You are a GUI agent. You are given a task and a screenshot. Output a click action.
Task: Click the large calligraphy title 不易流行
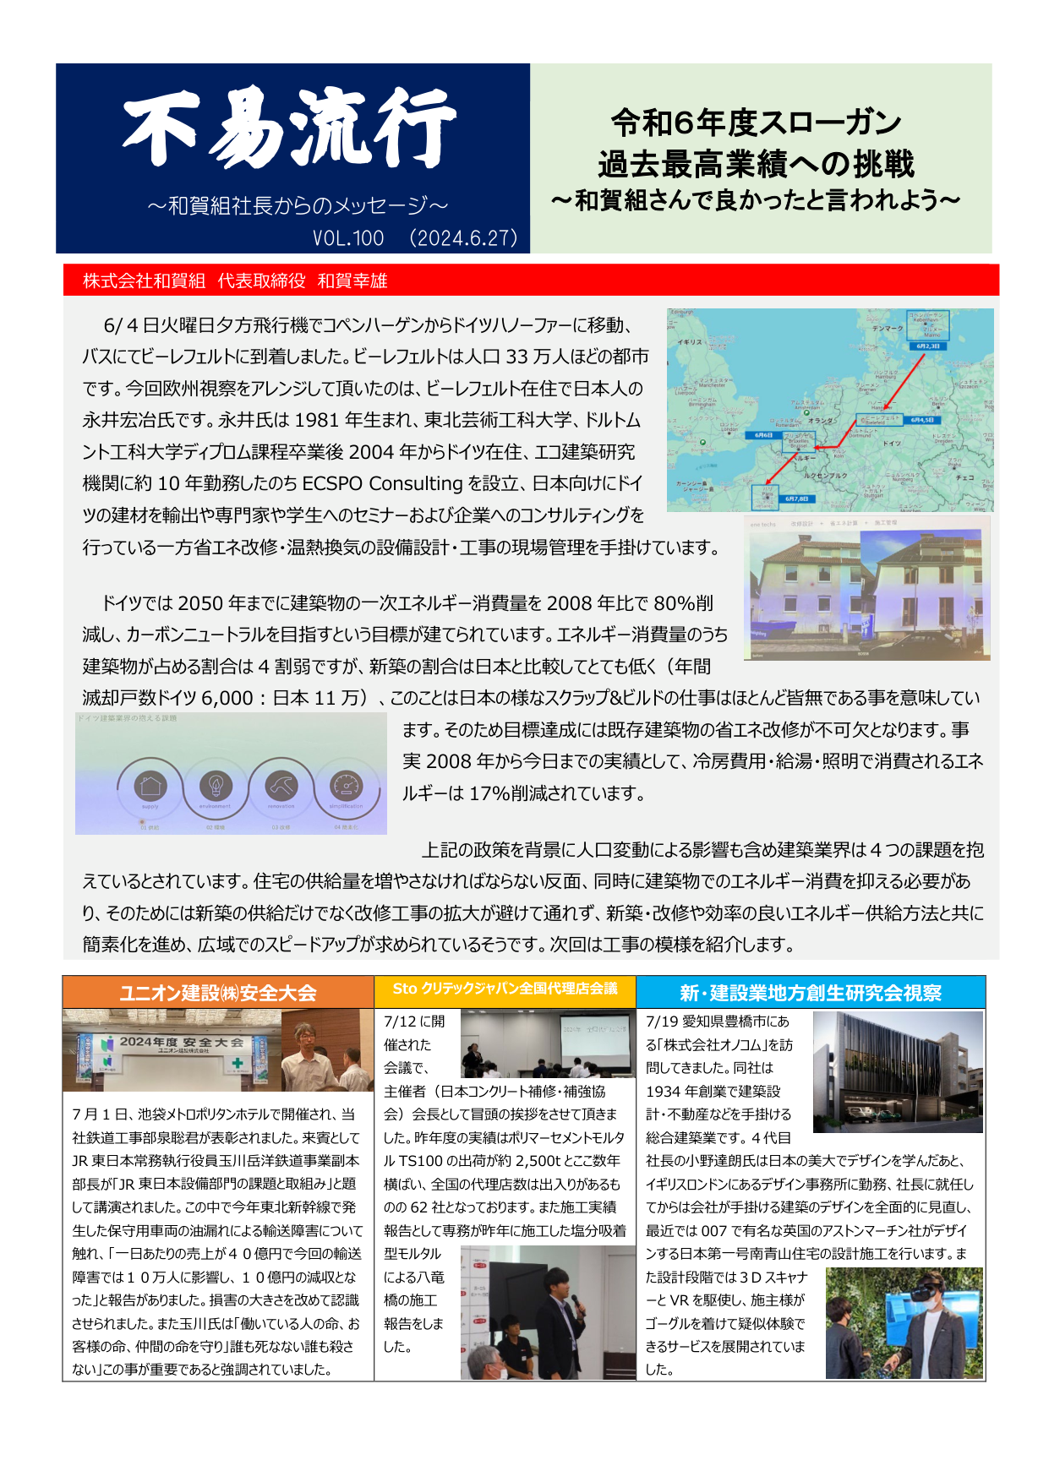point(290,128)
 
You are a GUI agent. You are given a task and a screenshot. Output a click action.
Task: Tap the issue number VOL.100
point(348,238)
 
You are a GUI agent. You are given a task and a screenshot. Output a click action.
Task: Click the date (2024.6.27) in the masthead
point(463,238)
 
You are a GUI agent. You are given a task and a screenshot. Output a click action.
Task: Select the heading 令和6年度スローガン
point(757,123)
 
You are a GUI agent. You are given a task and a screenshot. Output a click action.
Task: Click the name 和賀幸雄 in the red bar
point(352,281)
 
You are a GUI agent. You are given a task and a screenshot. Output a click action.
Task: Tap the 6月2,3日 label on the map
point(927,346)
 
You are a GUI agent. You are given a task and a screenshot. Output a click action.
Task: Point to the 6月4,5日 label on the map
point(921,420)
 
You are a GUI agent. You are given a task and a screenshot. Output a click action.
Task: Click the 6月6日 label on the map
point(763,435)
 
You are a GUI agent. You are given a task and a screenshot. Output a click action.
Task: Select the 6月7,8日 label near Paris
point(796,499)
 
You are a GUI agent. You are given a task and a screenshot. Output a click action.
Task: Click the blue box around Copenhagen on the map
point(927,324)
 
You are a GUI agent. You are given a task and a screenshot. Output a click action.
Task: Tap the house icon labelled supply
point(150,786)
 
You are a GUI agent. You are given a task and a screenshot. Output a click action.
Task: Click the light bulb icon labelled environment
point(216,786)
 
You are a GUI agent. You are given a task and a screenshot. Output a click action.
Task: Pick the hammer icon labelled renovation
point(281,786)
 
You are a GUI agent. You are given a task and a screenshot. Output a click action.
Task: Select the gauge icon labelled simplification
point(346,786)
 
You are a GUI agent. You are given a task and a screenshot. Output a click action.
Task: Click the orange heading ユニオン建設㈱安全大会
point(218,993)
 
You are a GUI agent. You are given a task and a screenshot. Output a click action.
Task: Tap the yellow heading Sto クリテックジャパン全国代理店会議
point(505,989)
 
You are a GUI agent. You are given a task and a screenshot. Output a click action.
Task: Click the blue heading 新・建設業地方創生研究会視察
point(811,993)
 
